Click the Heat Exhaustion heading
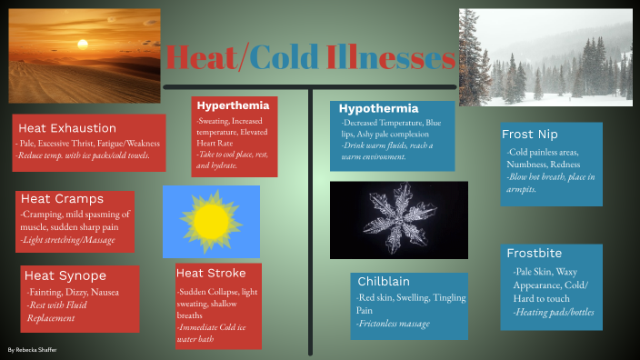pos(67,128)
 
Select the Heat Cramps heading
pos(62,199)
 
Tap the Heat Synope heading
pos(65,275)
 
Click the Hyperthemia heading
pos(233,105)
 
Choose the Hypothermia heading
pos(378,108)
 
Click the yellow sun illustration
pos(211,221)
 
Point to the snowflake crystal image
pos(398,220)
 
